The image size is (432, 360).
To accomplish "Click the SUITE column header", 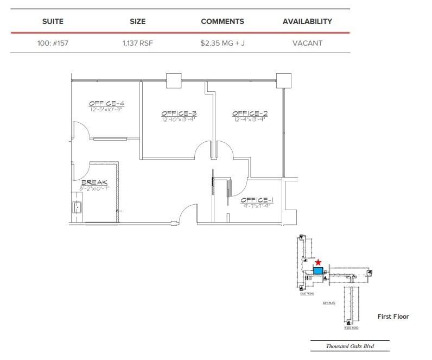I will (53, 22).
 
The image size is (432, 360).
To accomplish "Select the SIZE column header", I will (138, 22).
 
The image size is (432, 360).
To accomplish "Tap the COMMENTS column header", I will (222, 22).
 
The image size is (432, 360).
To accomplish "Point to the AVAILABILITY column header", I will (307, 22).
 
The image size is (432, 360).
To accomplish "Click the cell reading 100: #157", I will (53, 43).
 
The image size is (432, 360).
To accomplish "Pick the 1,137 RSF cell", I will (138, 43).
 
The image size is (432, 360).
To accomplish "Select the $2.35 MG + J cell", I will (222, 43).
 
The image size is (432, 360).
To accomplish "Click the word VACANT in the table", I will (307, 43).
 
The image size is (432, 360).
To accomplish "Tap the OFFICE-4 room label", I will (106, 103).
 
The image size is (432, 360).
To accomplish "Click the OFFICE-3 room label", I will (177, 113).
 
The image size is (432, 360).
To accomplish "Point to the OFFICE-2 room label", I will (250, 113).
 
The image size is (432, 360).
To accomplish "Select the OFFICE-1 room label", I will (257, 200).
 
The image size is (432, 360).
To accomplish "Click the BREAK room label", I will (94, 182).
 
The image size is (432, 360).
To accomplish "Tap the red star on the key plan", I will (319, 262).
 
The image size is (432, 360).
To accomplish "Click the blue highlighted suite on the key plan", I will (319, 270).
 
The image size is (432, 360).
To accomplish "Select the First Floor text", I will (393, 317).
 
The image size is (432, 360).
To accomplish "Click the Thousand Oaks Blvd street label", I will (350, 346).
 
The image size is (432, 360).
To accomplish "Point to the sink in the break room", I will (78, 207).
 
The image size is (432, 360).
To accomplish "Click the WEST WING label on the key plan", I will (351, 328).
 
